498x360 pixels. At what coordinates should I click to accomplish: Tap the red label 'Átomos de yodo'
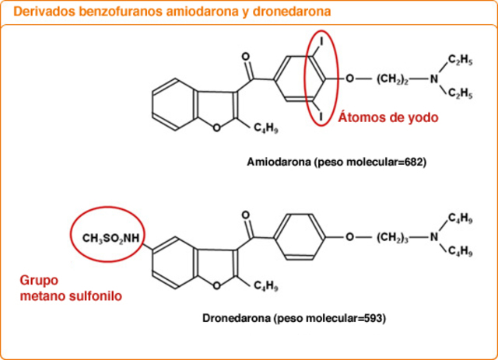point(388,118)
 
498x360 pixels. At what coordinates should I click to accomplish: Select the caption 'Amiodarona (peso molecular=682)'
point(337,163)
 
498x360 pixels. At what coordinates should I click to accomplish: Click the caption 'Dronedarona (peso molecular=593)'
point(294,318)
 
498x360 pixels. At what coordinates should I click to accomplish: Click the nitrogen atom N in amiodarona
point(435,79)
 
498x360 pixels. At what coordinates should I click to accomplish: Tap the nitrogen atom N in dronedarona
point(435,236)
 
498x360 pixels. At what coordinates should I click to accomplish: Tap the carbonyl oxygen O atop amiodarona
point(246,57)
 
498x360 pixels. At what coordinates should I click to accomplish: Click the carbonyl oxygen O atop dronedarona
point(246,214)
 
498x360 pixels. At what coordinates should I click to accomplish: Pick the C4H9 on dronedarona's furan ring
point(267,288)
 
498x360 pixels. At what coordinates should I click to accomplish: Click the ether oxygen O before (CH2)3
point(350,236)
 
